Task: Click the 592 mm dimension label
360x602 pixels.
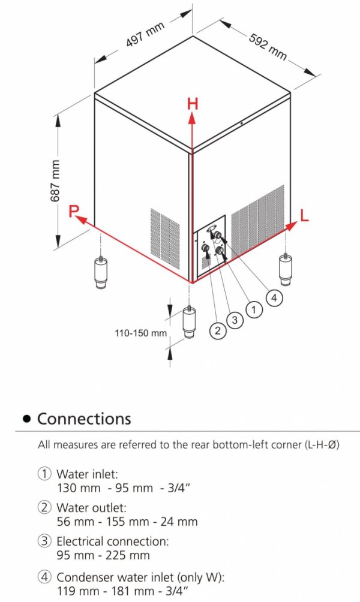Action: pos(268,45)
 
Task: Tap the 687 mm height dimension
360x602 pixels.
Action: pos(56,179)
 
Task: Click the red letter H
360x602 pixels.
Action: pos(192,103)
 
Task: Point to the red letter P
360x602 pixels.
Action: pos(73,211)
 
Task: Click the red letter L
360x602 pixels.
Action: pos(304,216)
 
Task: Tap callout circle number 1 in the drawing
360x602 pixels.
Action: pos(255,310)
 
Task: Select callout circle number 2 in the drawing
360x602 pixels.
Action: pos(217,329)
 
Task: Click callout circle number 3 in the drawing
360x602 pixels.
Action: pos(235,321)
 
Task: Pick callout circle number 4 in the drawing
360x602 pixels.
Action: pos(274,298)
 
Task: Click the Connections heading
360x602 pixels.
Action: pos(84,419)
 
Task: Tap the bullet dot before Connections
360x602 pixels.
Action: pos(26,419)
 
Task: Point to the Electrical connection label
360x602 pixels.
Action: pos(112,541)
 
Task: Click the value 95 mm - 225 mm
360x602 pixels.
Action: pos(103,555)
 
